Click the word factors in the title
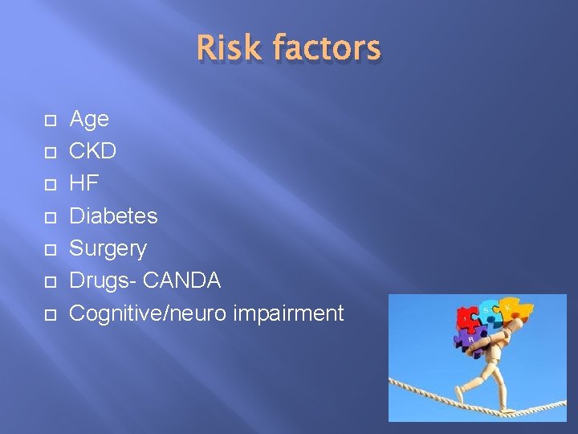pyautogui.click(x=326, y=48)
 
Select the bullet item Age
pyautogui.click(x=89, y=120)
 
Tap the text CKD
pyautogui.click(x=93, y=151)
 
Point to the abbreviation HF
pyautogui.click(x=84, y=183)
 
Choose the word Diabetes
pyautogui.click(x=113, y=215)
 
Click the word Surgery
pyautogui.click(x=108, y=248)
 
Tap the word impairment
pyautogui.click(x=288, y=313)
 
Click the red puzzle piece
pyautogui.click(x=466, y=320)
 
